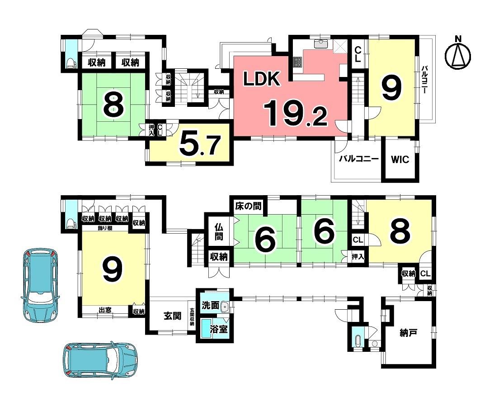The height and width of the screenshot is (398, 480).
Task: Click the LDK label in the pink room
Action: (261, 78)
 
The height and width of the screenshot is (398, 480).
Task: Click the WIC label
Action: (400, 159)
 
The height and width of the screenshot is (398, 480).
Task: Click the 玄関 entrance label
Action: (172, 316)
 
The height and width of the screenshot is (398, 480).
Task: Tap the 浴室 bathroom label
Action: (219, 329)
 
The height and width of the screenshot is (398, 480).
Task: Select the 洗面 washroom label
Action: (210, 305)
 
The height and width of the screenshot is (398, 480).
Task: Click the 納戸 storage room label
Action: (409, 333)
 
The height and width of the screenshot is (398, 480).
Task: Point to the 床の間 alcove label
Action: (248, 206)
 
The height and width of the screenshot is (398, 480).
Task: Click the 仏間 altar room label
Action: (219, 232)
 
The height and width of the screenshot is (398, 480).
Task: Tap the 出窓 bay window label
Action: (105, 310)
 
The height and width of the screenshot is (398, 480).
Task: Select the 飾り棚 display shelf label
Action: (105, 228)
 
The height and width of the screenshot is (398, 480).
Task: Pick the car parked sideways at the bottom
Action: (100, 360)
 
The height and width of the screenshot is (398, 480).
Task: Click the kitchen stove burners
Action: (298, 62)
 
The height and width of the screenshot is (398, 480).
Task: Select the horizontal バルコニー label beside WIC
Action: (358, 159)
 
